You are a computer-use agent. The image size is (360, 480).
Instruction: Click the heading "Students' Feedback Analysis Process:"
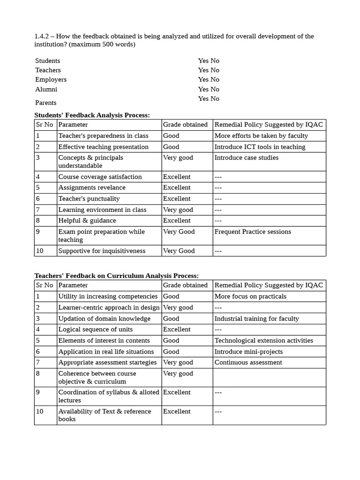click(92, 115)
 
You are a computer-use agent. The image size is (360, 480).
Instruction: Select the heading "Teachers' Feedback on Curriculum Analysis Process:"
click(117, 276)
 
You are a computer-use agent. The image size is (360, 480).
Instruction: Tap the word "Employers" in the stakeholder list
click(51, 80)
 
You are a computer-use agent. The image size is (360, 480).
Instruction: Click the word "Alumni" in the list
click(46, 89)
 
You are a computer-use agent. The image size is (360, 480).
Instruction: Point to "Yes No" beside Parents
click(209, 98)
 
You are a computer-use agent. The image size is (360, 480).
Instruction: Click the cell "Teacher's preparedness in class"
click(103, 136)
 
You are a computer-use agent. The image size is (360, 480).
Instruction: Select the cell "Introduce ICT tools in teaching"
click(260, 147)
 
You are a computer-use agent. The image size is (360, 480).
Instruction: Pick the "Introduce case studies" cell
click(247, 158)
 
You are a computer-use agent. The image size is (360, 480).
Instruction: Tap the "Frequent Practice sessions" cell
click(253, 232)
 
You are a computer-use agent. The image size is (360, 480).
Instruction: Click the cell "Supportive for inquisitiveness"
click(102, 251)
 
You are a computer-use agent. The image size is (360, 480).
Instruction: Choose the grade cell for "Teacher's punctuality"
click(177, 199)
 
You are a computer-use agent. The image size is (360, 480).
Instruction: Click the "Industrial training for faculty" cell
click(256, 319)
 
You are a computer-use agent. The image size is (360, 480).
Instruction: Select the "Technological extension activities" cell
click(263, 341)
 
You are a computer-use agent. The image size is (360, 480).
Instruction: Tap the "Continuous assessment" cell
click(248, 362)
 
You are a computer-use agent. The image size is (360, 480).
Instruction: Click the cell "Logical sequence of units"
click(95, 330)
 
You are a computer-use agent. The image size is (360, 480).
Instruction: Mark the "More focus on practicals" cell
click(250, 296)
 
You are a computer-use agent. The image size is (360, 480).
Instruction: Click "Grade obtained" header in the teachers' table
click(185, 285)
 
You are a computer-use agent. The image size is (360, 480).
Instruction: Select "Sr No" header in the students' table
click(45, 125)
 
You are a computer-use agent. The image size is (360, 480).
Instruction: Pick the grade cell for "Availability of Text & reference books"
click(177, 412)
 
